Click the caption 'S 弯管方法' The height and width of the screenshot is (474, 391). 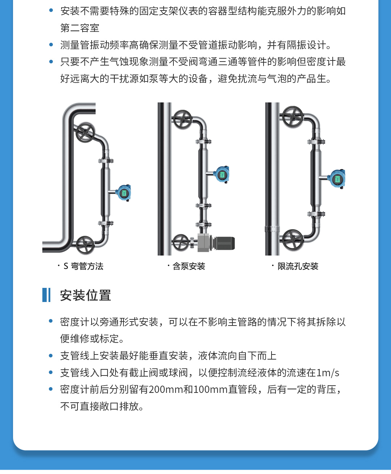(x=83, y=266)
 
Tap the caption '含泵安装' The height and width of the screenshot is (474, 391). (x=189, y=266)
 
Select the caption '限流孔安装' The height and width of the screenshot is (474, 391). (x=298, y=266)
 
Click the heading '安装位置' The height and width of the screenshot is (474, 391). (x=85, y=295)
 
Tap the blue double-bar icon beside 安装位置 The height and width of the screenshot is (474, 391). (x=46, y=295)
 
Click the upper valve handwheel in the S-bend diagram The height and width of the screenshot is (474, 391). (x=85, y=133)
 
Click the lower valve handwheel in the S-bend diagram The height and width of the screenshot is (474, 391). (x=85, y=245)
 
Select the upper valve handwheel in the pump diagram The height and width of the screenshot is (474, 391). (x=182, y=119)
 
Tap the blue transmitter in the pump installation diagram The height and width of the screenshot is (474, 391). (x=222, y=174)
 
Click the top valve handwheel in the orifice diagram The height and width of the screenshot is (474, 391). (x=293, y=117)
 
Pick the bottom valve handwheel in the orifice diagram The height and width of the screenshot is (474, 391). (x=293, y=240)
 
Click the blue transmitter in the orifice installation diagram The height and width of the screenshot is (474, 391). (x=337, y=179)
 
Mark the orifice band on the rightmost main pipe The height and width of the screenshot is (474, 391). (x=272, y=229)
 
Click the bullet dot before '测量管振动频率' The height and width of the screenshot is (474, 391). (x=51, y=45)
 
